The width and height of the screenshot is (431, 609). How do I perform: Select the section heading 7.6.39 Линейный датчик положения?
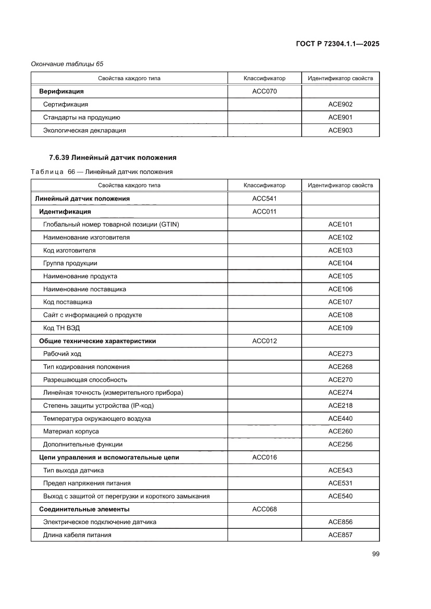(x=113, y=157)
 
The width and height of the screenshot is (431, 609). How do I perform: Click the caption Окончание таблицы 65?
(x=67, y=64)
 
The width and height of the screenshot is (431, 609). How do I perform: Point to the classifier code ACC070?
(x=264, y=92)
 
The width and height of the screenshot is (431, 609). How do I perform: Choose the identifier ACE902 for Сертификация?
(x=340, y=104)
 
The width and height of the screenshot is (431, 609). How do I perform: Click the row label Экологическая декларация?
(x=84, y=130)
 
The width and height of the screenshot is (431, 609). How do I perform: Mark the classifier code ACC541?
(x=264, y=198)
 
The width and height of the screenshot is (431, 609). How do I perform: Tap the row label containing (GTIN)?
(x=107, y=225)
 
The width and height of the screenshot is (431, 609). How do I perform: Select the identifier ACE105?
(x=340, y=276)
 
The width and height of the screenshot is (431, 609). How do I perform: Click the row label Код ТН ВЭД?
(x=61, y=328)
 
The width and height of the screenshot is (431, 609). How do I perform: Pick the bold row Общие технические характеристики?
(x=97, y=341)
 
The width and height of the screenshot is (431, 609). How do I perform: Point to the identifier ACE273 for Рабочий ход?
(x=340, y=354)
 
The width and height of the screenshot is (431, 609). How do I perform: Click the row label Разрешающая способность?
(x=85, y=380)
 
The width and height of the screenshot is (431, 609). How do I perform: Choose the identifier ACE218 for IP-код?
(x=340, y=405)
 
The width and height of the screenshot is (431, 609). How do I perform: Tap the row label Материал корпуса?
(x=71, y=431)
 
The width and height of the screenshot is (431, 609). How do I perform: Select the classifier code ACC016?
(x=264, y=457)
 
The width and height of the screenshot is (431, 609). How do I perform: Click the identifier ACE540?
(x=340, y=496)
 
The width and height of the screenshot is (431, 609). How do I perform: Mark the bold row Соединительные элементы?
(x=84, y=509)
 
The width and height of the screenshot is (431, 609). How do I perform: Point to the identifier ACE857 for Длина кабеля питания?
(x=340, y=535)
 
